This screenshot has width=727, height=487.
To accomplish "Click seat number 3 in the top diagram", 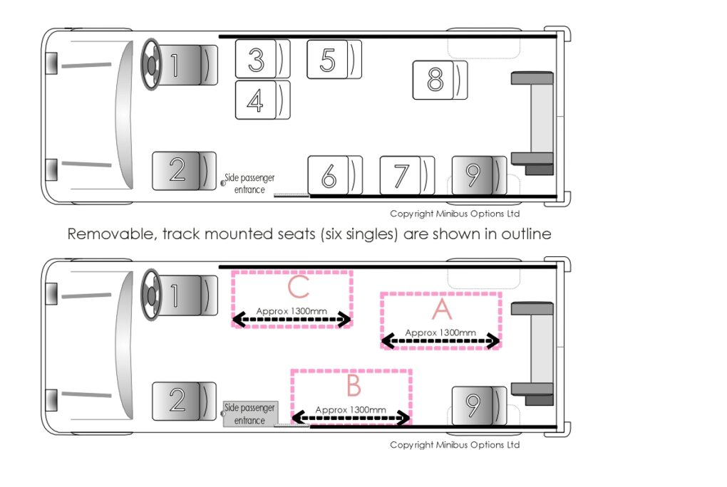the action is pos(262,59).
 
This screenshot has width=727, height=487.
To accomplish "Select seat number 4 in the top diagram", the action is pos(262,100).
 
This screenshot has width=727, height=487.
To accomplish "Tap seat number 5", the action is pos(334,59).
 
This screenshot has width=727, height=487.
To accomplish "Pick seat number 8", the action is pos(440,80).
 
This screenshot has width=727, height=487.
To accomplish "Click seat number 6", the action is pos(335,175).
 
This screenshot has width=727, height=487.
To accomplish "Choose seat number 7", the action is pos(407,175).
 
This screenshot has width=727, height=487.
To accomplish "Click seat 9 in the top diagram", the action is pos(479,175).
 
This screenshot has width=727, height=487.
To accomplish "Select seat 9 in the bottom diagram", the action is pos(479,405).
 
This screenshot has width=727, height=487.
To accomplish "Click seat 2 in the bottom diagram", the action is pos(184,402).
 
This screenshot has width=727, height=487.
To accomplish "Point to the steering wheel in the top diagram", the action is pos(150,65).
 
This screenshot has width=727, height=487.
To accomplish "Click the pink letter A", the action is pos(442,309).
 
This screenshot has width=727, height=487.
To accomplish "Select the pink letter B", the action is pos(354,385).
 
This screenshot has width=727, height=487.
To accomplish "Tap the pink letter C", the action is pos(298,287).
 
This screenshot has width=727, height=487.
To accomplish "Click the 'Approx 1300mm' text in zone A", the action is pos(440,332).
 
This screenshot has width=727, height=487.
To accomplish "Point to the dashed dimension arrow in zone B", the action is pos(351,418).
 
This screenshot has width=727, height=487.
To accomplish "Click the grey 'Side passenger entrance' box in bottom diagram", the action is pos(250,414).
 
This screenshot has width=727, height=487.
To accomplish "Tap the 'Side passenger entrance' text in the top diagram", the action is pos(249,184).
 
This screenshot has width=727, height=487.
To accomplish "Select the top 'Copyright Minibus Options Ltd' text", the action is pos(455,214).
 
